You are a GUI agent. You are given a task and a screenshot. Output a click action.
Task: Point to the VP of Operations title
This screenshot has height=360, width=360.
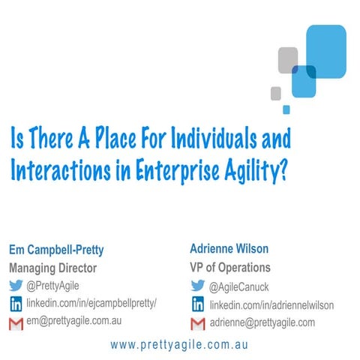[x=229, y=268]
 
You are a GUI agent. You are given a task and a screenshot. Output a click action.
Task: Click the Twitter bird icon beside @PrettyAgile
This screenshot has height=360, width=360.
[x=16, y=285]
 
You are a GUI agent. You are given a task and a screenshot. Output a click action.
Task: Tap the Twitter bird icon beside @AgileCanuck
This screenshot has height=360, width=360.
[x=199, y=286]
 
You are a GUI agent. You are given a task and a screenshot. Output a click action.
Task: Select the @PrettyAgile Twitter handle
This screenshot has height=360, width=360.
[x=55, y=285]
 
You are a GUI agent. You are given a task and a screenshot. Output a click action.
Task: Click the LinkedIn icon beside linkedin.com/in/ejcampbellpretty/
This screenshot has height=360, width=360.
[x=16, y=303]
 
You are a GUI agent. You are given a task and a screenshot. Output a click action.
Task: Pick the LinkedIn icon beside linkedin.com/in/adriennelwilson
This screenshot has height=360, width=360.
[x=199, y=304]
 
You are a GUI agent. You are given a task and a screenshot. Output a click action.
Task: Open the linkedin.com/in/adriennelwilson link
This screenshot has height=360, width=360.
[x=271, y=305]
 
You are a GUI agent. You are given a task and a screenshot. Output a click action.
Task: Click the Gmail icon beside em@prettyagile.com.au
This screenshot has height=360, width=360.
[x=16, y=323]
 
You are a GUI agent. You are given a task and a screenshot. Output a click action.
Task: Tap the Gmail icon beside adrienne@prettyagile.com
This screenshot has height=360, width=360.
[x=199, y=323]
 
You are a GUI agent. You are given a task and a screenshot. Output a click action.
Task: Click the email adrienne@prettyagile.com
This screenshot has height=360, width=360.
[x=262, y=322]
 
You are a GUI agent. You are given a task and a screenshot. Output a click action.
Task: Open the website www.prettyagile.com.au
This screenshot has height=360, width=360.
[x=178, y=346]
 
